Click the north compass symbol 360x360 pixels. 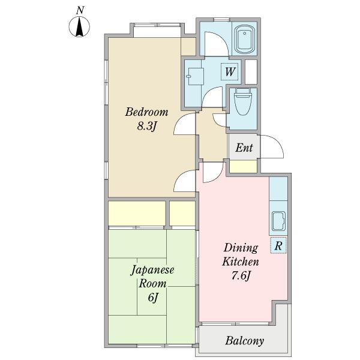79,28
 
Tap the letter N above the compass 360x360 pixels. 79,10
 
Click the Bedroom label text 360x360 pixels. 146,112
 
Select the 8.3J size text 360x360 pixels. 146,127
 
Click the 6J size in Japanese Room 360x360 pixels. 152,298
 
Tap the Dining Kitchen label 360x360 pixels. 241,255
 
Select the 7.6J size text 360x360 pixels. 241,277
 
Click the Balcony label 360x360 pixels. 244,341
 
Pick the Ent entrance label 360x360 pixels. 244,148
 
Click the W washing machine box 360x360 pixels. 229,72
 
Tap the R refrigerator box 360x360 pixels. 278,245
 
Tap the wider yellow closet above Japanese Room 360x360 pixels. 136,214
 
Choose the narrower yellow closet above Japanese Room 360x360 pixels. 182,214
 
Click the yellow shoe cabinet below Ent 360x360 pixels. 244,167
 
